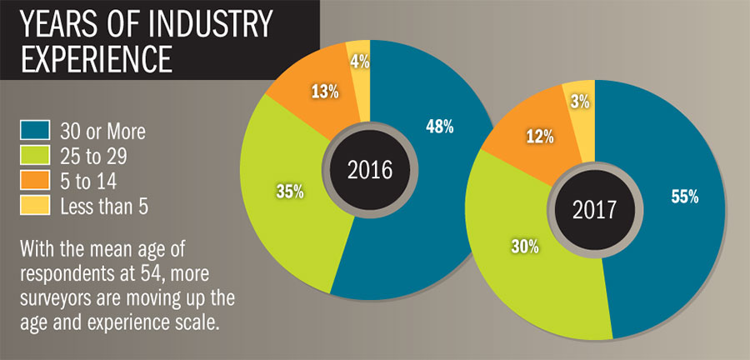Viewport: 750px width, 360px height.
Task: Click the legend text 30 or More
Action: (102, 131)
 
